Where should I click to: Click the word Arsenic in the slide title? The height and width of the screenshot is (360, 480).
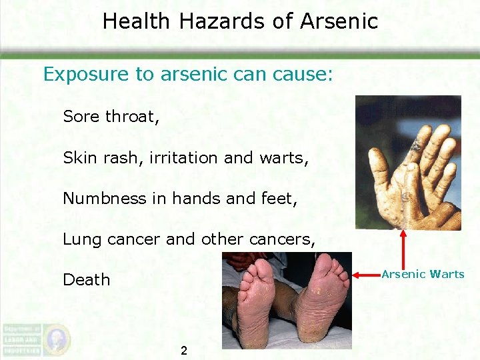pyautogui.click(x=339, y=21)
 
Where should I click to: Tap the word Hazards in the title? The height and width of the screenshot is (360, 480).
pyautogui.click(x=226, y=21)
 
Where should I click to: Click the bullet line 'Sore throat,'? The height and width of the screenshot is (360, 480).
pyautogui.click(x=111, y=117)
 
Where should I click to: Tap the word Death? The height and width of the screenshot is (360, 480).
pyautogui.click(x=86, y=279)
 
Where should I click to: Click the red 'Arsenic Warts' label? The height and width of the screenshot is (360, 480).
pyautogui.click(x=423, y=274)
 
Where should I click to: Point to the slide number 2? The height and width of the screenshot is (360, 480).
pyautogui.click(x=184, y=351)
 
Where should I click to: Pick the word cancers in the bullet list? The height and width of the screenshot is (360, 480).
pyautogui.click(x=287, y=239)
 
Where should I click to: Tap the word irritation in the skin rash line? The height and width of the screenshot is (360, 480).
pyautogui.click(x=184, y=158)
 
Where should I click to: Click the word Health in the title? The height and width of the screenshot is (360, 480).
pyautogui.click(x=137, y=21)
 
